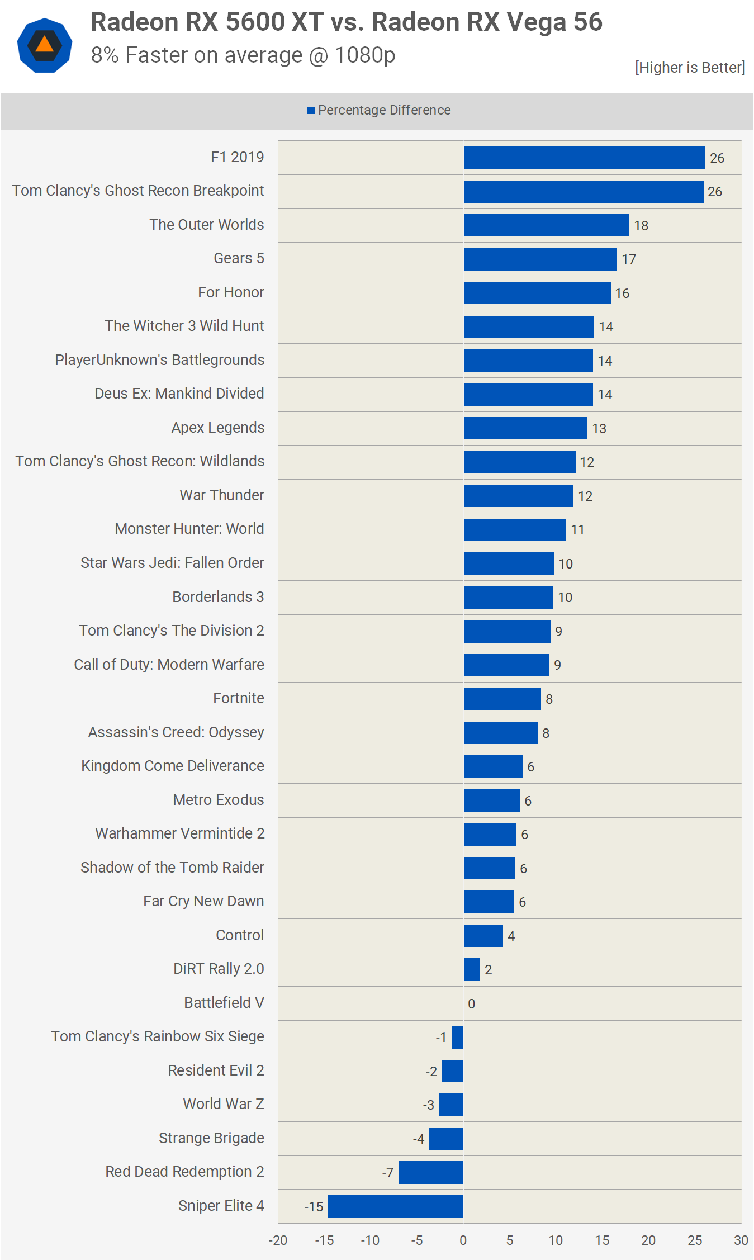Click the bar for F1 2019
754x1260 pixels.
click(x=584, y=158)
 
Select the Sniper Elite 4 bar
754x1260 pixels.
click(x=395, y=1206)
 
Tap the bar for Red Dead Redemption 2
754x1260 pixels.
click(x=430, y=1172)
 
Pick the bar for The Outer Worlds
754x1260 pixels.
click(x=547, y=225)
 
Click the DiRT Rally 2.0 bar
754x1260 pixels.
click(x=472, y=969)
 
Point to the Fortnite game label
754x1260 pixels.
click(x=239, y=698)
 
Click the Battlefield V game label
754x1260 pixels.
click(x=224, y=1003)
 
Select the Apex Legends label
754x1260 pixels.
click(x=218, y=428)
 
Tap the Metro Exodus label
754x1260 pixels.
click(x=219, y=800)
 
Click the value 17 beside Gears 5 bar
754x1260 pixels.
click(x=629, y=259)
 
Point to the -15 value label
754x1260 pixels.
click(x=314, y=1207)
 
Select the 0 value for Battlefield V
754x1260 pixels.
click(x=472, y=1004)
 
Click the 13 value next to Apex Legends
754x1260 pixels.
click(x=599, y=429)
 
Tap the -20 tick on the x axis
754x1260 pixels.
click(x=278, y=1240)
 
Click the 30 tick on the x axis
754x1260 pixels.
click(x=741, y=1240)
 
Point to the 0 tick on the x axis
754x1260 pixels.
click(x=463, y=1240)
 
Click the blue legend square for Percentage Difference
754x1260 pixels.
click(x=311, y=111)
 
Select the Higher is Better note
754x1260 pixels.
click(x=690, y=68)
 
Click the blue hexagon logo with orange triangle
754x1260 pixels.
click(x=45, y=45)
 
